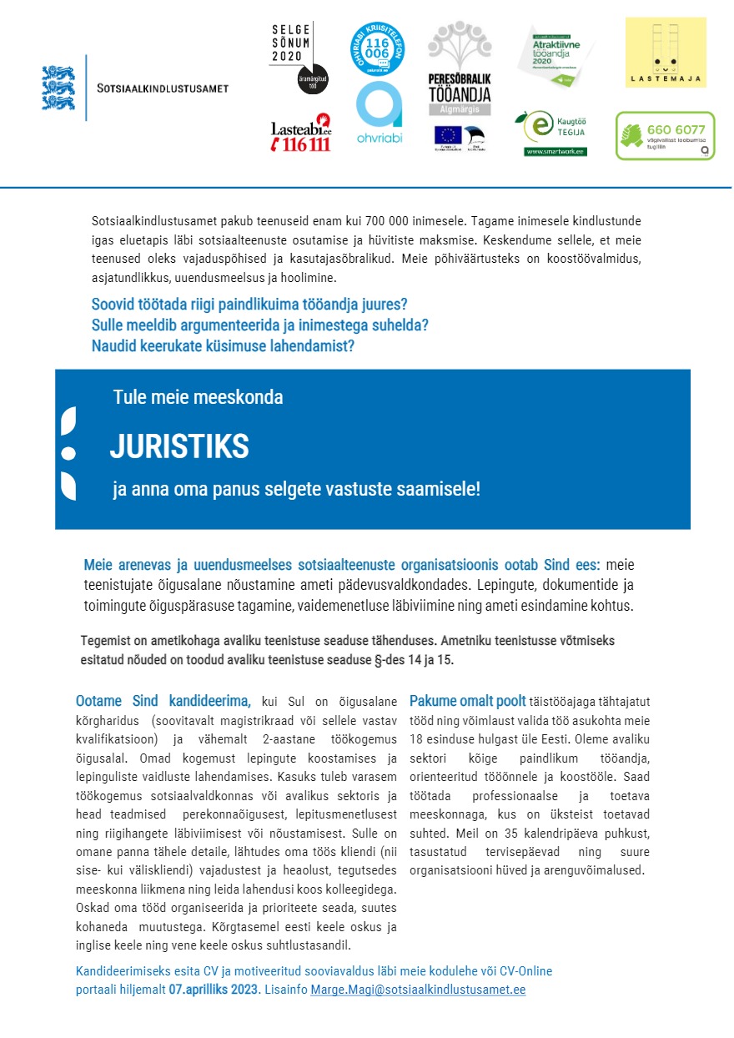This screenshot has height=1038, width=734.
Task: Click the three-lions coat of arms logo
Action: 58,88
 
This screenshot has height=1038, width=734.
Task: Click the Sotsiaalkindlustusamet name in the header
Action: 163,88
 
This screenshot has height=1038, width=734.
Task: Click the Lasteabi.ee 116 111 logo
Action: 301,134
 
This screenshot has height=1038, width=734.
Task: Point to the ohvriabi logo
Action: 379,113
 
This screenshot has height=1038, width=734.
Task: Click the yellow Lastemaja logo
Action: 665,53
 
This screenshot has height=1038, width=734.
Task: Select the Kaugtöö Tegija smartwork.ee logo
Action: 554,134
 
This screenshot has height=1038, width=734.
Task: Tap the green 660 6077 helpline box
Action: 665,135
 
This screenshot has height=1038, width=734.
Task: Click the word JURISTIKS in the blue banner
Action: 179,447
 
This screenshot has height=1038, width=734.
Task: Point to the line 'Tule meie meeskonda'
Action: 198,397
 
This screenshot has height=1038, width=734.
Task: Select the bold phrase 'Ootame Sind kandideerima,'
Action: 163,701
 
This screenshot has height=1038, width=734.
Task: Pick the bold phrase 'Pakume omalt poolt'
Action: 467,701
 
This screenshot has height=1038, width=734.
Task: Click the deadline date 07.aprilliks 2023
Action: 213,990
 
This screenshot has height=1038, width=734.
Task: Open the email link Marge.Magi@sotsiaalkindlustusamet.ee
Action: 418,990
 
